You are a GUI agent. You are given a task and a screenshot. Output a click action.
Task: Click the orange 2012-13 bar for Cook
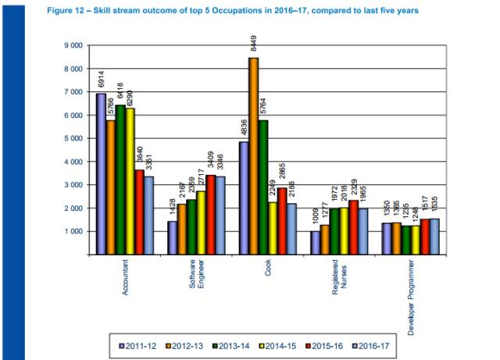point(254,156)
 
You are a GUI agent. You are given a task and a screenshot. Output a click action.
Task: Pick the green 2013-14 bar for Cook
point(264,187)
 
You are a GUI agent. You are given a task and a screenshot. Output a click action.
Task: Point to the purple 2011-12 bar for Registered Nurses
point(316,243)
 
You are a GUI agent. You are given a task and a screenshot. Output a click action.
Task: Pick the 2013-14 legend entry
point(232,345)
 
